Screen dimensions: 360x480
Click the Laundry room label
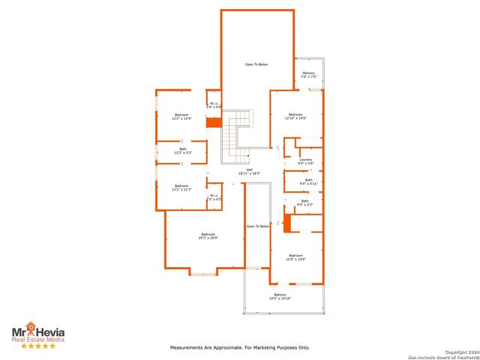[x=305, y=161]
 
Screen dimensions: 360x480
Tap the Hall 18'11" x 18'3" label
[x=250, y=172]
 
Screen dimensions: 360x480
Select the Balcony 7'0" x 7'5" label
[x=309, y=75]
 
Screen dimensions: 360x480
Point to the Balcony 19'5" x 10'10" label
[x=280, y=297]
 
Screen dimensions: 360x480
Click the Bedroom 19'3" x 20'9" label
[x=208, y=236]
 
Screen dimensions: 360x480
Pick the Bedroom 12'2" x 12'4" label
[x=182, y=117]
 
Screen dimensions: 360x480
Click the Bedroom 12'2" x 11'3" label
[x=182, y=187]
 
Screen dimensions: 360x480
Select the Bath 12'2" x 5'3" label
[x=182, y=151]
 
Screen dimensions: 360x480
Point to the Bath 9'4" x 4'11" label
[x=309, y=181]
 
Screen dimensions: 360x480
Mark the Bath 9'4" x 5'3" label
[x=304, y=202]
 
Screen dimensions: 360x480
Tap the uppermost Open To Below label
[x=256, y=64]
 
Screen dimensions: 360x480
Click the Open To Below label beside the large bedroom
[x=257, y=226]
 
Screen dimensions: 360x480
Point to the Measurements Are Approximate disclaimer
[x=240, y=347]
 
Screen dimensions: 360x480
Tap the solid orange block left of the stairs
[x=214, y=122]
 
